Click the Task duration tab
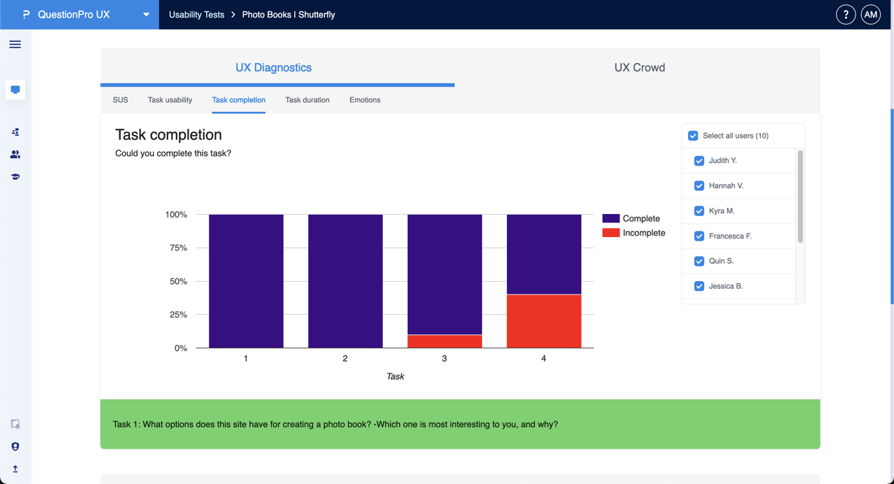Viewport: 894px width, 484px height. (307, 100)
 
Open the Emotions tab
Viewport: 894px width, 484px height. (365, 100)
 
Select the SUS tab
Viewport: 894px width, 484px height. (120, 100)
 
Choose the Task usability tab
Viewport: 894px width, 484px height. (170, 100)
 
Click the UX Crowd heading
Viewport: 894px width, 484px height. (639, 68)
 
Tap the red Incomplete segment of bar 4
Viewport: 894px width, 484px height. (544, 321)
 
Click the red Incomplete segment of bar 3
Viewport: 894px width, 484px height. (445, 341)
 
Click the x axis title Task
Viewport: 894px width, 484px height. (395, 376)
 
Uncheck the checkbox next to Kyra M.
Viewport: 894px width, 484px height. (699, 211)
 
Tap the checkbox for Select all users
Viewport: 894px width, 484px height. (693, 136)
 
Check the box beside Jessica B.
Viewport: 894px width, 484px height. (699, 286)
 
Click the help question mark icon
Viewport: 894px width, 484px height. (845, 15)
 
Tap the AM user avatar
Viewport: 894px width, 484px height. (870, 15)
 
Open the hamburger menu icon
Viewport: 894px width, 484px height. (15, 45)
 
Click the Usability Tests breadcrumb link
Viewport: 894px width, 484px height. (196, 15)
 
